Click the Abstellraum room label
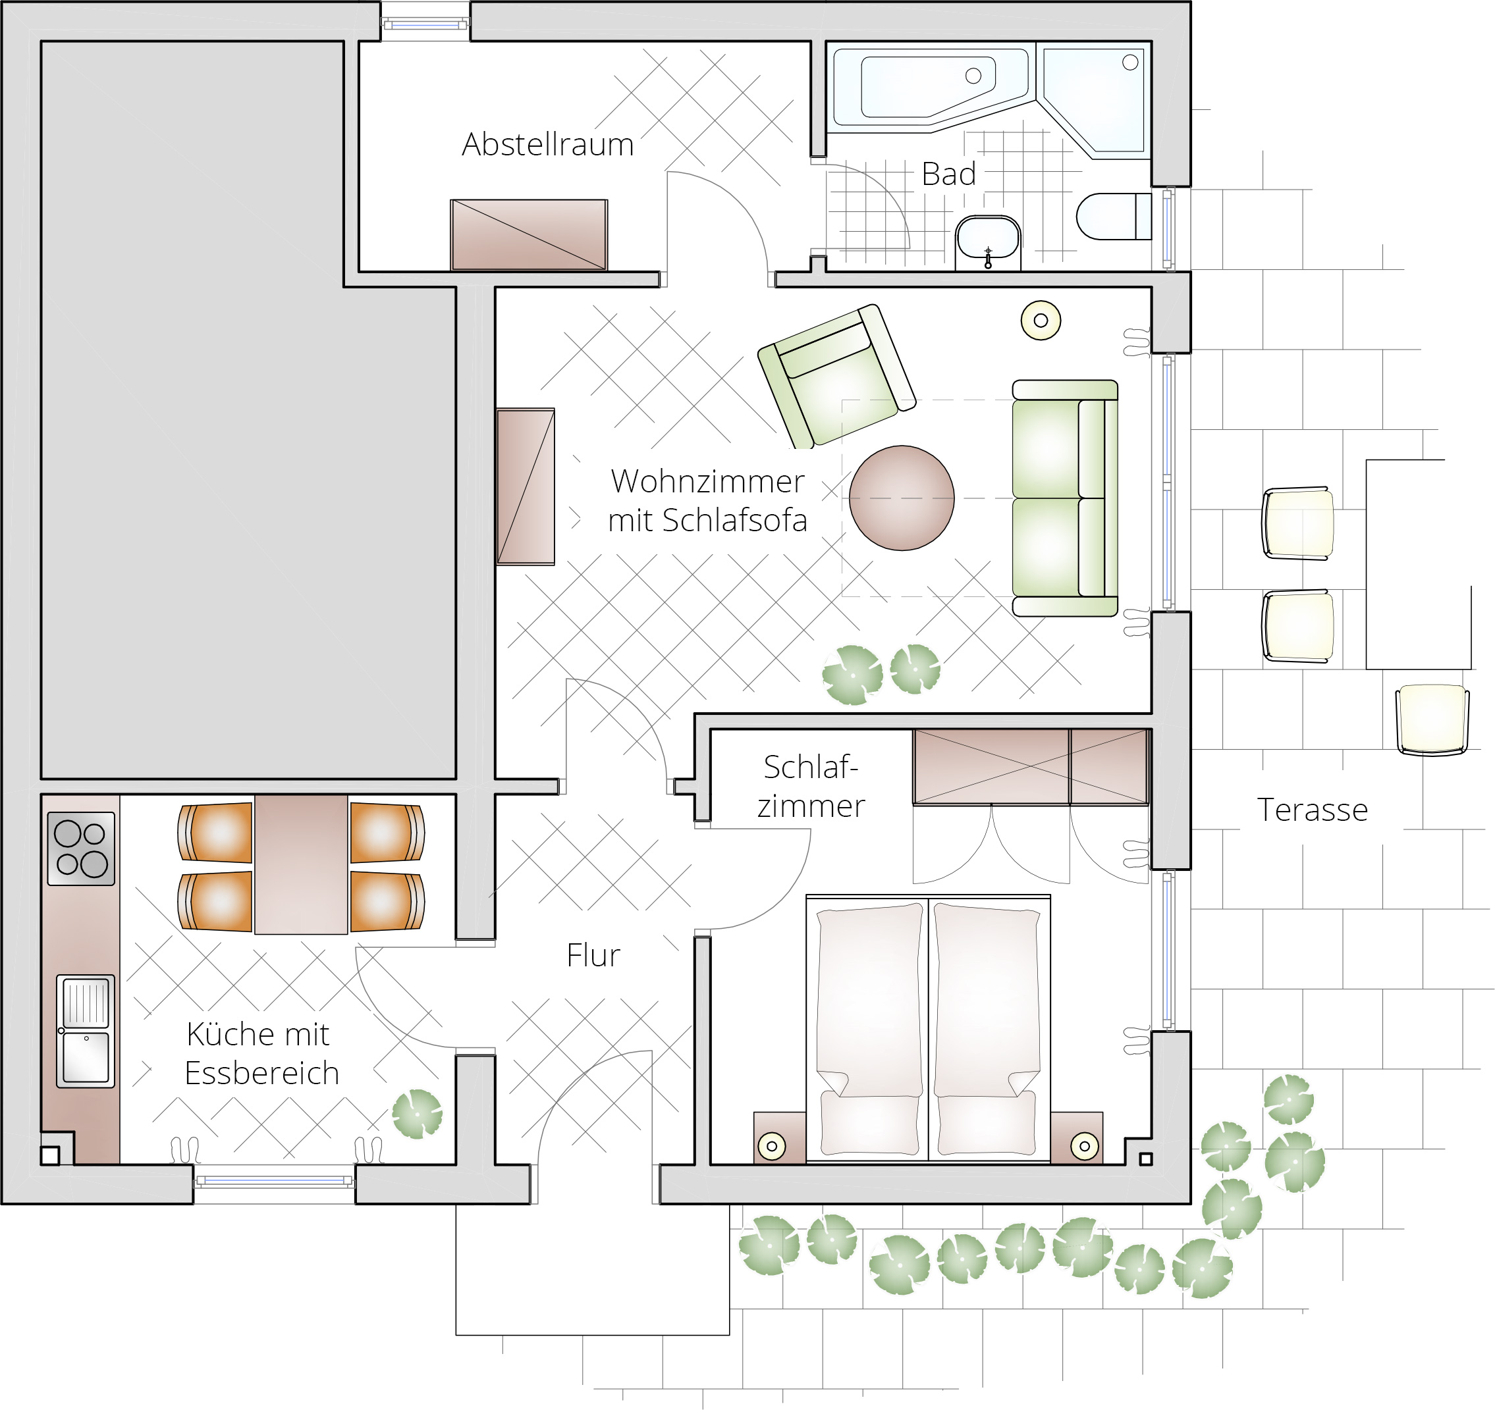547,144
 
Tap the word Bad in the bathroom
948,174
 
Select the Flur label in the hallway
593,955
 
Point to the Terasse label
1313,810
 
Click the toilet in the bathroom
1114,217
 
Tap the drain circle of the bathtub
973,75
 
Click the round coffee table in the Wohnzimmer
902,498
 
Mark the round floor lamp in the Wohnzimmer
1041,320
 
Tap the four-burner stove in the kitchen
81,849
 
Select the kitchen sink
86,1031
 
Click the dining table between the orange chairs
301,864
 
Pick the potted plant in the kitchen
418,1113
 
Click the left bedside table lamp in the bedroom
772,1146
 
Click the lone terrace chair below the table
1432,719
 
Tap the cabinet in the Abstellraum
529,234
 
